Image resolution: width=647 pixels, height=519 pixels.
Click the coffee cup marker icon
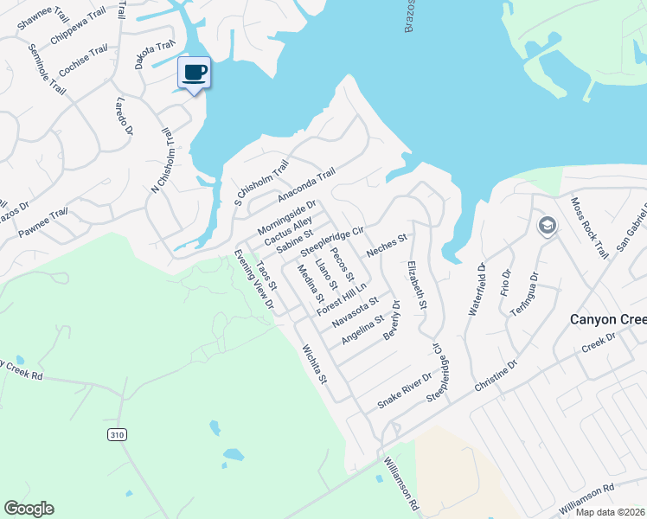[194, 72]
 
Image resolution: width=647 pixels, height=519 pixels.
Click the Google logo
[29, 509]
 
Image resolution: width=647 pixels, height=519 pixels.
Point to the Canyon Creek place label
[607, 319]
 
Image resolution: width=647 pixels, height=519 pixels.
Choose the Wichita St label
[313, 364]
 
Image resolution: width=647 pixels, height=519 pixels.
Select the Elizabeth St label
[417, 281]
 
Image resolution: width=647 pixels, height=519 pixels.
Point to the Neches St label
[386, 245]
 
